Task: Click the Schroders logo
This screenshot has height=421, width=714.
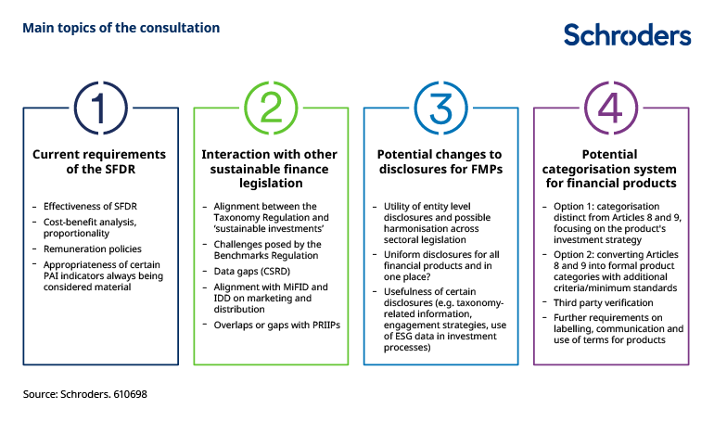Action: (627, 35)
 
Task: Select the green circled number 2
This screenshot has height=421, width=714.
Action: (271, 108)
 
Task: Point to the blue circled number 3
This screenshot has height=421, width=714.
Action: (440, 108)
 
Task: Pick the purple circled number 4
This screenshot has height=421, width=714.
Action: (610, 108)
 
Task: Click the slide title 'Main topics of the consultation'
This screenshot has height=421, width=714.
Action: (121, 28)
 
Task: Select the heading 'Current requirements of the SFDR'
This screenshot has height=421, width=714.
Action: (100, 161)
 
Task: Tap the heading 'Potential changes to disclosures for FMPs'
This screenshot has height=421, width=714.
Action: (440, 161)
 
